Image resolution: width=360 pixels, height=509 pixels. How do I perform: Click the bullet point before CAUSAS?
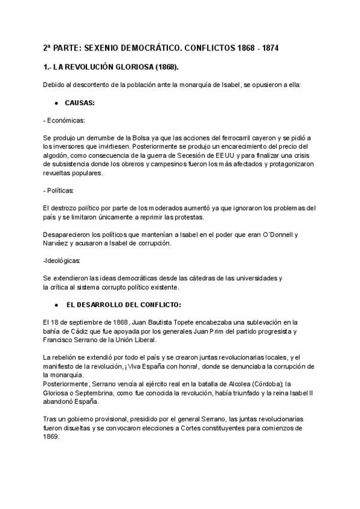click(56, 103)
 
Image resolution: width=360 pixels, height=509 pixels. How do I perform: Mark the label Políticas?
click(60, 190)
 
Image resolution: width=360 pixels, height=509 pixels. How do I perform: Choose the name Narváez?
click(58, 242)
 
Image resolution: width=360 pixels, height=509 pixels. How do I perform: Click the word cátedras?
click(184, 278)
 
